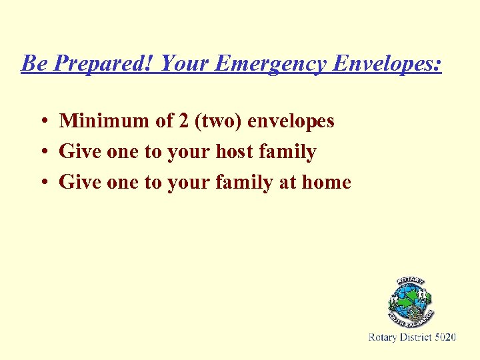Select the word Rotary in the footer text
384,338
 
